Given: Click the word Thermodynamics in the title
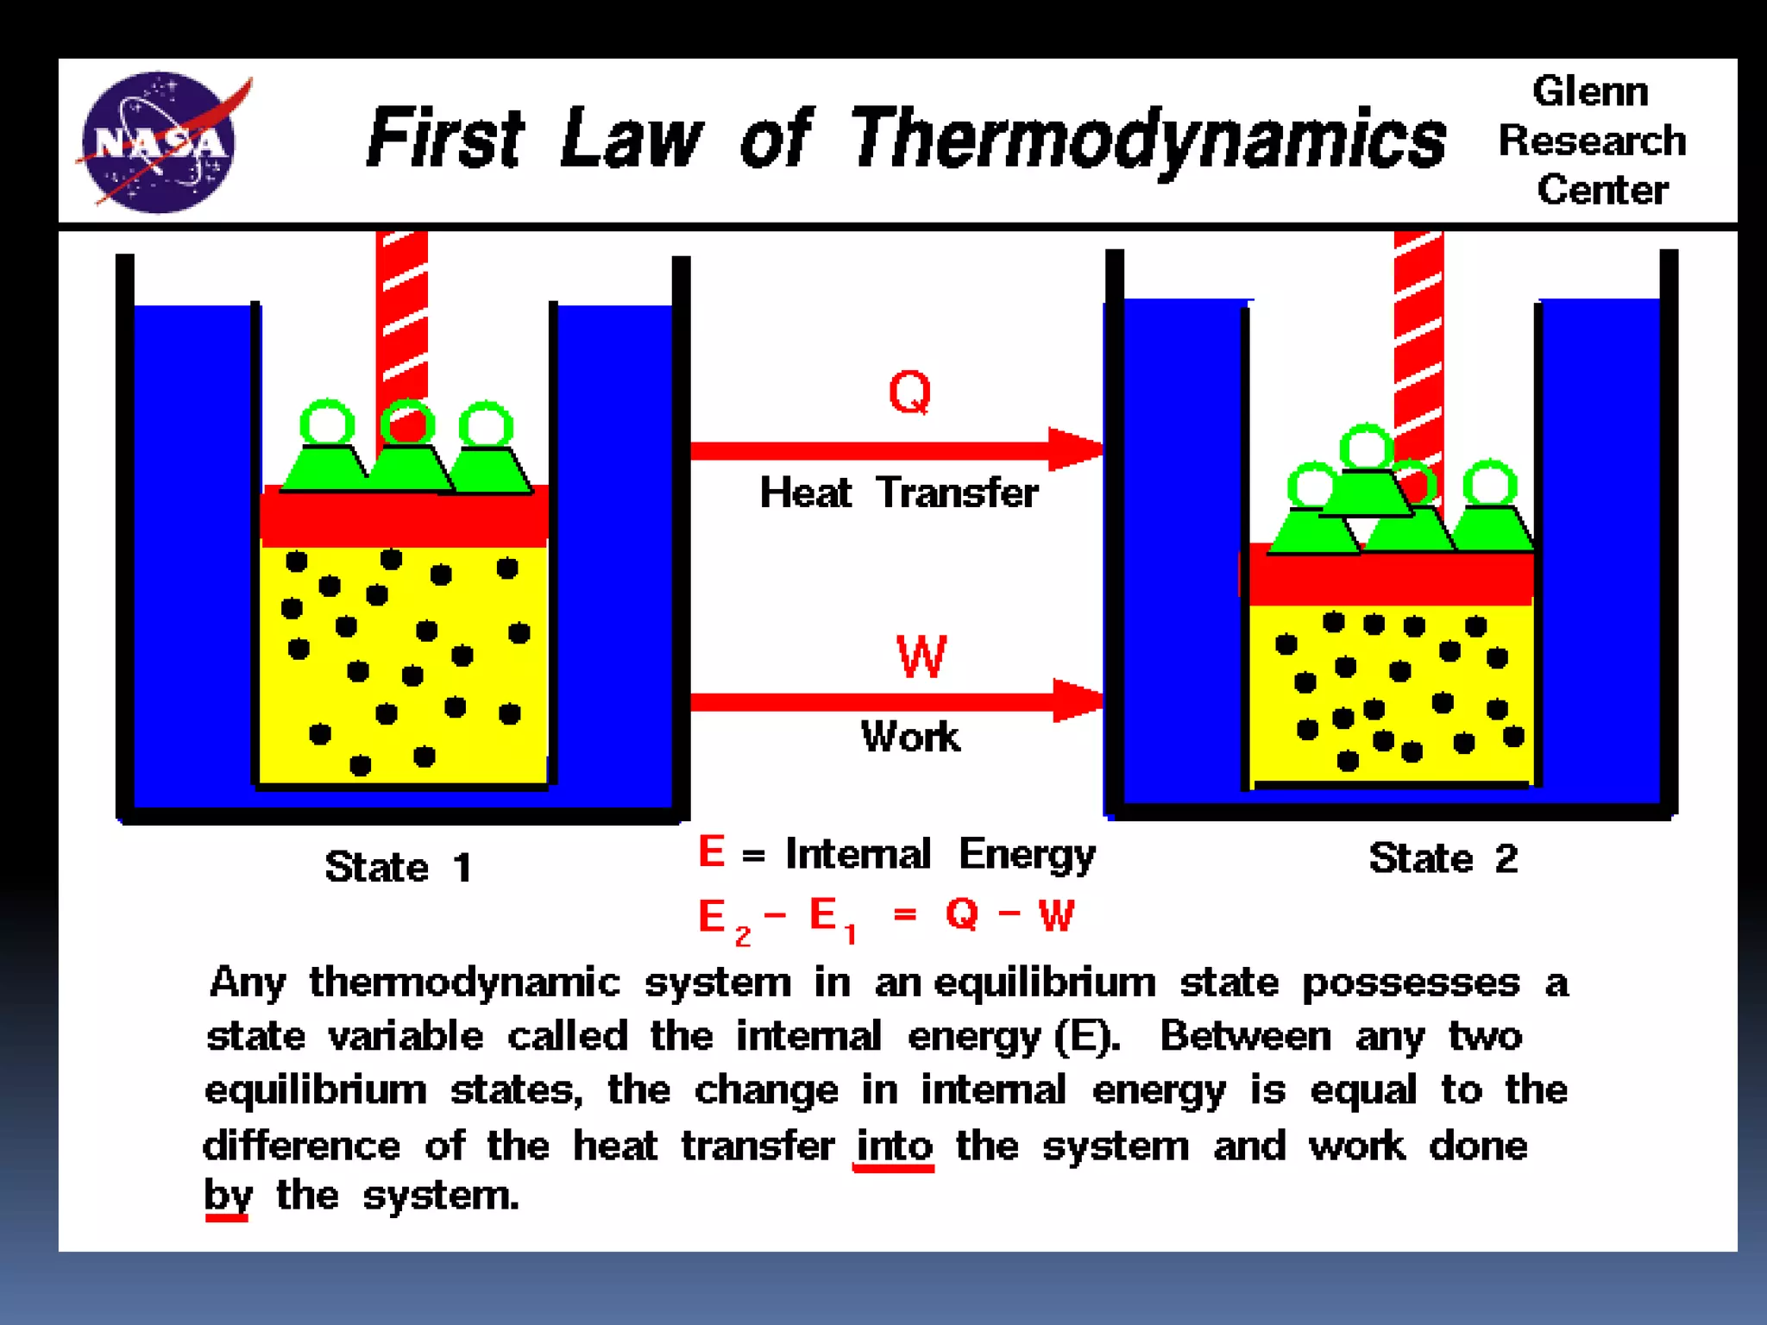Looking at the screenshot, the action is [1148, 140].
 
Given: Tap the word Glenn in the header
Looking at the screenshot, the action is [1590, 91].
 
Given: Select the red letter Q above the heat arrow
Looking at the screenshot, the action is [909, 392].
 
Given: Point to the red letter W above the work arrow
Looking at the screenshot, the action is [921, 657].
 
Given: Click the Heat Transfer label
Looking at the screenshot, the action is [898, 493].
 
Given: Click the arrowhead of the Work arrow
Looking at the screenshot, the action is [1078, 700].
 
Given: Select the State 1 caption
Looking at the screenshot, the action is [398, 867].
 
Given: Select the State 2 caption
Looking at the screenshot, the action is [1443, 858].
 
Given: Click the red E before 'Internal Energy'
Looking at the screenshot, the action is [711, 851].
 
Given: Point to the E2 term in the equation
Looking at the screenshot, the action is [721, 919].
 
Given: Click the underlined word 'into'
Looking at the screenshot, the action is [894, 1146].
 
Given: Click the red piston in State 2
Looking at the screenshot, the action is [1389, 578].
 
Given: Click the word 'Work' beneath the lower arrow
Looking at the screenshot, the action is [909, 737].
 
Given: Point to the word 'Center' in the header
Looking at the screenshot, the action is [1602, 190].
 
